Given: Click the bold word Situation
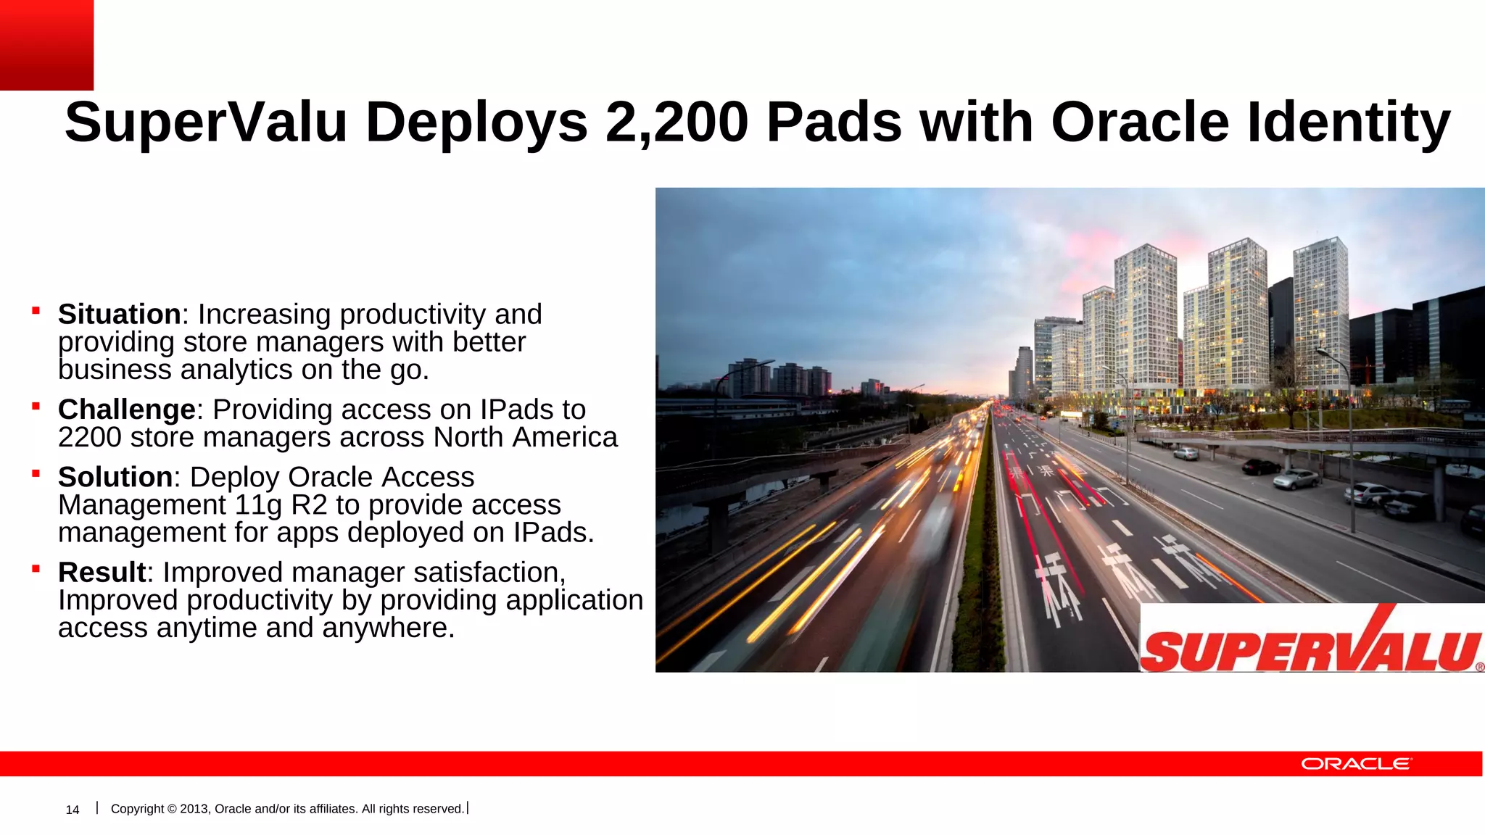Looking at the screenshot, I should click(x=119, y=315).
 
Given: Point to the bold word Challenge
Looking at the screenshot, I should click(x=126, y=410).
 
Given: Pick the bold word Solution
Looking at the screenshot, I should click(x=115, y=478).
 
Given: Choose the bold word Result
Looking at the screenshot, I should click(x=102, y=573).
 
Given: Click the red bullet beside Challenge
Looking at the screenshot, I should click(x=36, y=407).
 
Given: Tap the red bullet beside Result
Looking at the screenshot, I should click(x=36, y=570).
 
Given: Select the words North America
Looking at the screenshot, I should click(x=525, y=438).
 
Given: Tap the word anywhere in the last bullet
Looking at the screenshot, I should click(x=388, y=628).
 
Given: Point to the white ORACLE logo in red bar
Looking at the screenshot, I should click(x=1356, y=764).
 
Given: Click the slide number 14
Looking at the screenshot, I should click(x=73, y=810).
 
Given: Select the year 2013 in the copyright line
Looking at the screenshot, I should click(x=194, y=809).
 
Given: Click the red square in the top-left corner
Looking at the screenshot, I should click(x=46, y=45).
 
